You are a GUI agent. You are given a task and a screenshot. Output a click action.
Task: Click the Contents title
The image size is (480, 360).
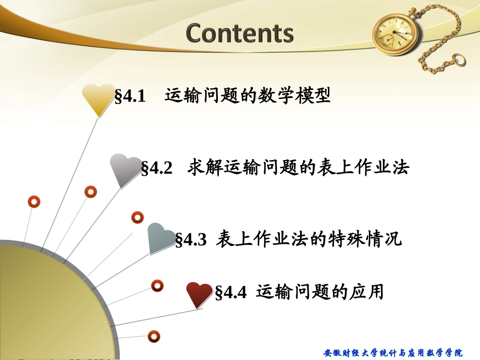[x=239, y=33]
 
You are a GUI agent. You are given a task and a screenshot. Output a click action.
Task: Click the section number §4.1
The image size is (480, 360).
[x=130, y=96]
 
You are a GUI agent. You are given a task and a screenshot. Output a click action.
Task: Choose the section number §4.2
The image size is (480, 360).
[x=157, y=168]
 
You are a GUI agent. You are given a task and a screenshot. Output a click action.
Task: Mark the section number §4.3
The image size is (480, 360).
[x=191, y=239]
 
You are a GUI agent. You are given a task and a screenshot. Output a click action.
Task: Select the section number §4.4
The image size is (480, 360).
[x=231, y=292]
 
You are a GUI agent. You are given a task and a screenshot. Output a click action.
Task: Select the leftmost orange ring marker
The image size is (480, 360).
[x=34, y=202]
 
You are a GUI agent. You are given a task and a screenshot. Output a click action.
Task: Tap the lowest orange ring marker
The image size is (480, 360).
[x=154, y=335]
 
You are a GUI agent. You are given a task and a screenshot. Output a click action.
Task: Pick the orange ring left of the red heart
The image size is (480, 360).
[x=158, y=286]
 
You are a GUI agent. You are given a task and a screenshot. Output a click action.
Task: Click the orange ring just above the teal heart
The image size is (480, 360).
[x=137, y=218]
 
